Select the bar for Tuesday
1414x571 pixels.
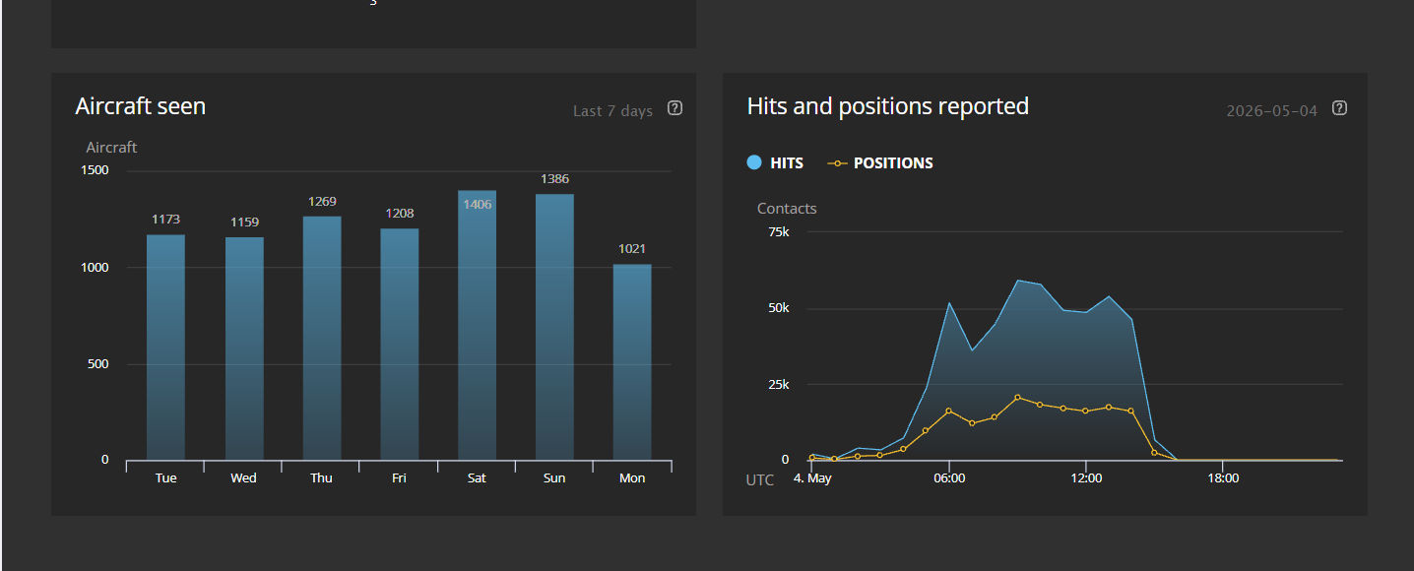click(x=166, y=347)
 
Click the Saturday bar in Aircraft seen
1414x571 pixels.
click(x=478, y=325)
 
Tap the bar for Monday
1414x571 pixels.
click(x=632, y=362)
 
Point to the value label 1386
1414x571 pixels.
click(x=555, y=179)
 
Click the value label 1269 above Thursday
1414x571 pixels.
click(x=322, y=201)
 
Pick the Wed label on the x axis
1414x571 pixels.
click(x=243, y=478)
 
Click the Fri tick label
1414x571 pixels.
click(x=399, y=478)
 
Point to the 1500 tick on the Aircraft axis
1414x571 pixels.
click(x=95, y=170)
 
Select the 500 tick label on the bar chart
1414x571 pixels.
click(x=97, y=364)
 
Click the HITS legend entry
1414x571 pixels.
click(x=775, y=162)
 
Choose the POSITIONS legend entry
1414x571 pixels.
click(x=880, y=163)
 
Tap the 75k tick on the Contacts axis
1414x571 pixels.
click(x=779, y=232)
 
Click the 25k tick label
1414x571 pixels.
click(x=779, y=385)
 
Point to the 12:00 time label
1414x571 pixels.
click(x=1086, y=478)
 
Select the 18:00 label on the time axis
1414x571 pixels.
click(x=1223, y=478)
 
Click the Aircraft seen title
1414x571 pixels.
click(x=140, y=106)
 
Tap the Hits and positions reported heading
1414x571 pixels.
click(x=888, y=106)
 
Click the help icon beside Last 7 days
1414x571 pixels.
click(x=675, y=108)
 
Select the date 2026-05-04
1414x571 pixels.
click(x=1272, y=111)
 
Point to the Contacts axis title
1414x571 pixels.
click(x=787, y=209)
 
